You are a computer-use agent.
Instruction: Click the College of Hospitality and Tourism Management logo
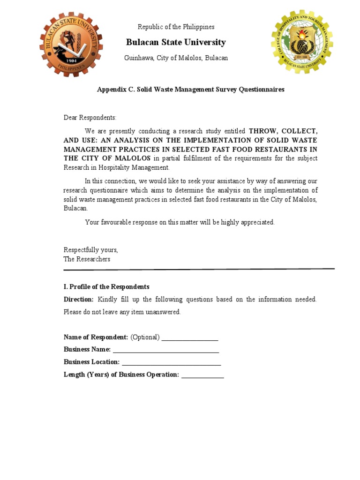tap(301, 42)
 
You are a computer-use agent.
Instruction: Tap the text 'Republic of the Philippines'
tap(176, 27)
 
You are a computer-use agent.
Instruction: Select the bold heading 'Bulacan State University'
tap(176, 43)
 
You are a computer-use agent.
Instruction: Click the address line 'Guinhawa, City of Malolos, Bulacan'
tap(176, 58)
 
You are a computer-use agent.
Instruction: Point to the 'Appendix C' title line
tap(190, 90)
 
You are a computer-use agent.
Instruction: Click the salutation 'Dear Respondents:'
tap(90, 118)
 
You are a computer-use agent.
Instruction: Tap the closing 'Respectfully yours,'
tap(91, 250)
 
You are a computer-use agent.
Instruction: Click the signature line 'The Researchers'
tap(87, 259)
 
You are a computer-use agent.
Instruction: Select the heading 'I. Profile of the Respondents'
tap(106, 287)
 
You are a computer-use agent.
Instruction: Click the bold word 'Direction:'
tap(79, 300)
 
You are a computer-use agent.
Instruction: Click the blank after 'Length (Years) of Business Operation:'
tap(202, 375)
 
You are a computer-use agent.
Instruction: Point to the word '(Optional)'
tap(145, 337)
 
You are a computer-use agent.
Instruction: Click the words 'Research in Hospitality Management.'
tap(116, 168)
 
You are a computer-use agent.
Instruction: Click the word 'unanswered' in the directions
tap(164, 312)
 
